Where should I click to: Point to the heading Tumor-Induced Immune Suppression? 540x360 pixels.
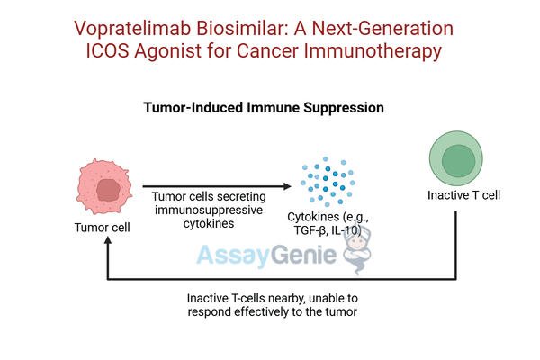click(265, 107)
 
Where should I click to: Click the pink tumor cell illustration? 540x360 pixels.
click(107, 184)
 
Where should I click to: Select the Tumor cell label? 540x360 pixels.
click(102, 228)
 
